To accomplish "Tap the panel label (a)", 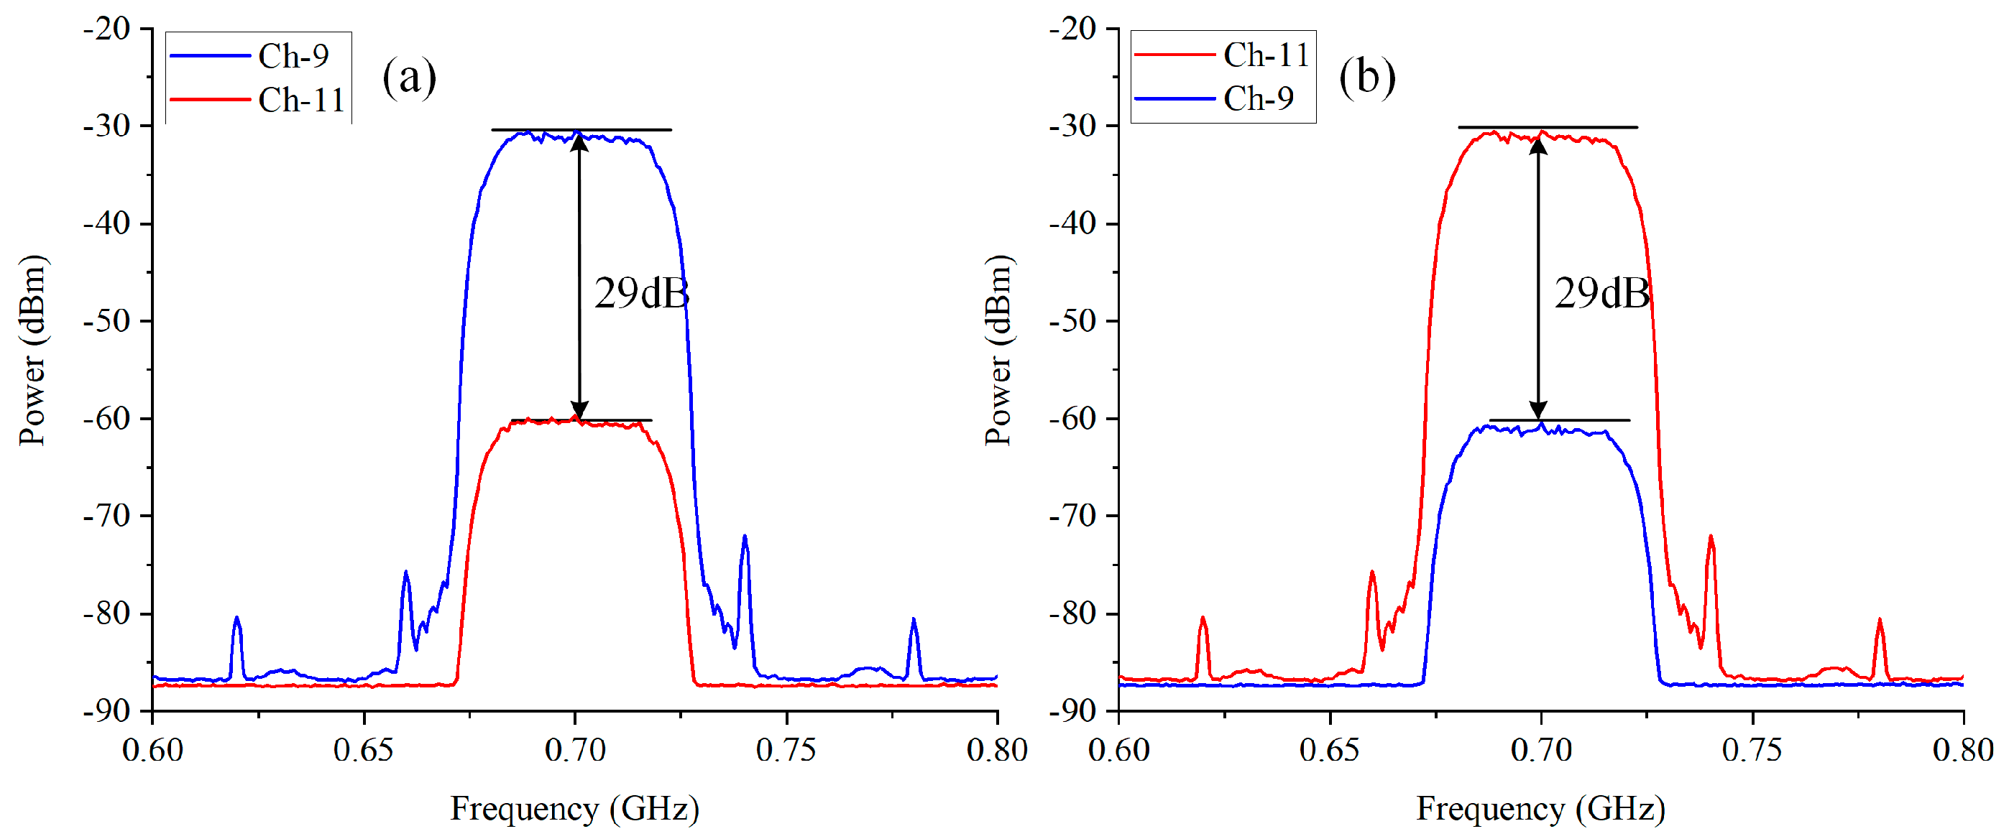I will point(409,78).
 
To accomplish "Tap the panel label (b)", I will point(1366,78).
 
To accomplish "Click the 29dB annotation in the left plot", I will point(641,294).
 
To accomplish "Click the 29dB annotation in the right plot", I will point(1601,294).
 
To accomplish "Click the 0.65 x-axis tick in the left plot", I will point(364,750).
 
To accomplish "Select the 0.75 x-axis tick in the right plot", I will point(1752,750).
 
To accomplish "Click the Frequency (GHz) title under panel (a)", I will point(574,809).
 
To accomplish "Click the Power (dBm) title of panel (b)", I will point(998,350).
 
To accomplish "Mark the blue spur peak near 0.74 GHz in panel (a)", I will point(745,537).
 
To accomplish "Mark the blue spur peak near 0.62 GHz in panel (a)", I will point(237,618).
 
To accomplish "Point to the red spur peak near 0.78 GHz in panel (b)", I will point(1880,620).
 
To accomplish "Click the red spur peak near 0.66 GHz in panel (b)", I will point(1372,573).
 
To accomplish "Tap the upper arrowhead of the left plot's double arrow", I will point(579,141).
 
